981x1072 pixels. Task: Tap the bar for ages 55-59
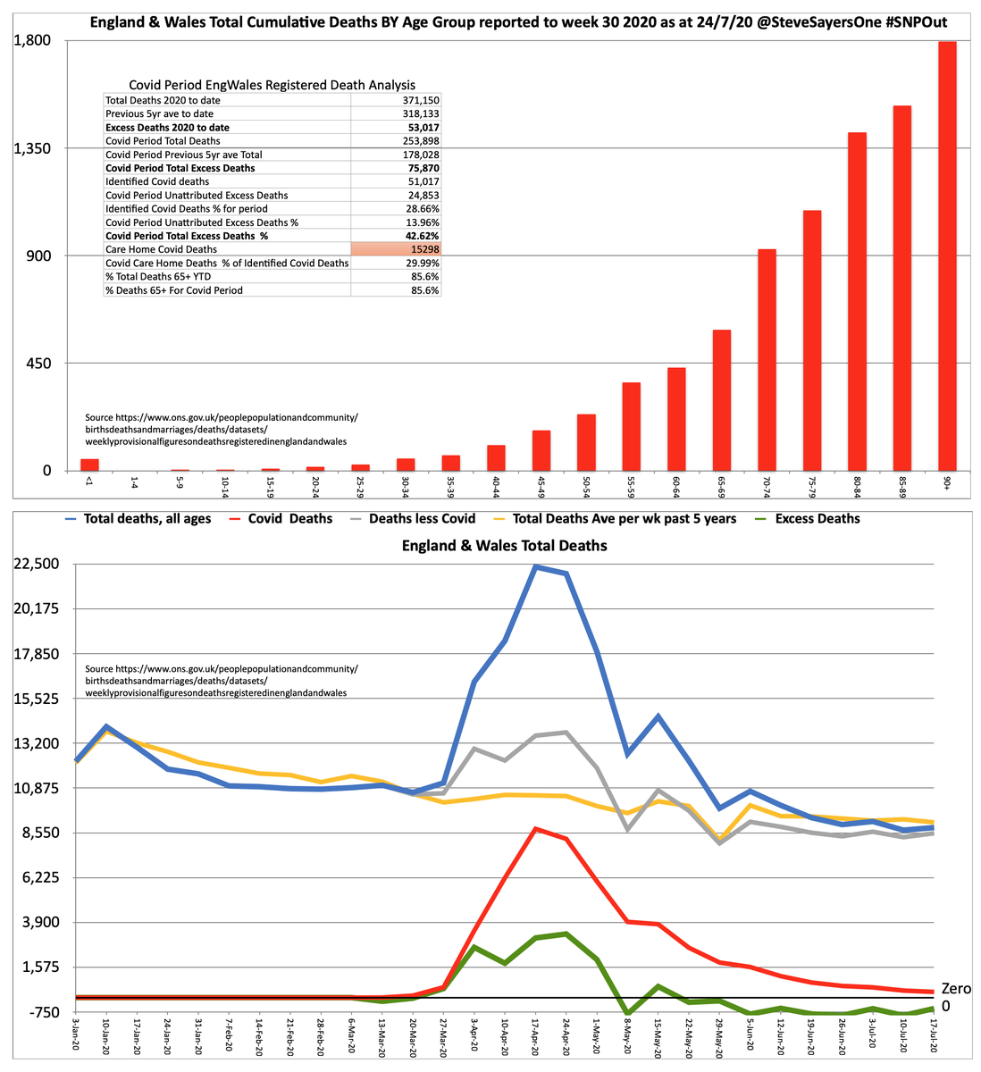tap(631, 426)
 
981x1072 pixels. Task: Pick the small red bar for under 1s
tap(89, 465)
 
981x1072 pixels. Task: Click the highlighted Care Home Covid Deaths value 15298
tap(395, 249)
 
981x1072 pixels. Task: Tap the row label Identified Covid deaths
tap(157, 181)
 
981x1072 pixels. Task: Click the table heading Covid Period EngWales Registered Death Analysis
tap(272, 85)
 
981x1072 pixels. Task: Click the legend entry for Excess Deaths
tap(817, 519)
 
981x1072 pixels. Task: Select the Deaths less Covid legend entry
tap(422, 519)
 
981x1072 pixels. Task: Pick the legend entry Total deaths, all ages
tap(147, 519)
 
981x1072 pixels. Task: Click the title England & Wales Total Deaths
tap(504, 546)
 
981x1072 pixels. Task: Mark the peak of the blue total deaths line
tap(535, 566)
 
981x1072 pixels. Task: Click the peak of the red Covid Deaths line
tap(535, 829)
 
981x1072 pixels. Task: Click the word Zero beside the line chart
tap(956, 989)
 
